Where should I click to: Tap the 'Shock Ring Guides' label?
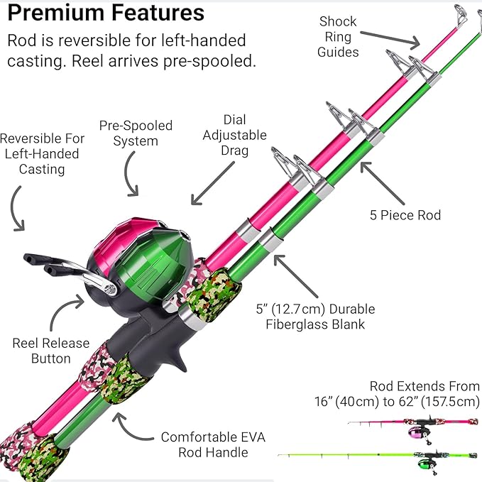(x=339, y=36)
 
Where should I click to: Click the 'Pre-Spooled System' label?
(x=136, y=133)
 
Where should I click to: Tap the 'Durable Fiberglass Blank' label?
(x=315, y=317)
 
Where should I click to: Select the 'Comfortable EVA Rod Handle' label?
(x=212, y=444)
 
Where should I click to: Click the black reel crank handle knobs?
(x=40, y=263)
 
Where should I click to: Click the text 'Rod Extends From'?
(x=425, y=386)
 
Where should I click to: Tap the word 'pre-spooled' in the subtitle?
(x=197, y=61)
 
